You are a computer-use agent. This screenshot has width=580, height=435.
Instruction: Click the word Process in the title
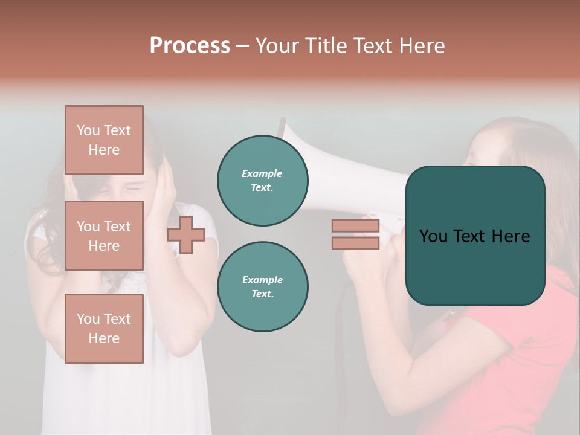click(x=190, y=46)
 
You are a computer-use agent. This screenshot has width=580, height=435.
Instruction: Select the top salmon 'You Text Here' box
click(x=104, y=140)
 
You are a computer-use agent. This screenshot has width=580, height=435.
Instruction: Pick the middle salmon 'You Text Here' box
click(x=104, y=236)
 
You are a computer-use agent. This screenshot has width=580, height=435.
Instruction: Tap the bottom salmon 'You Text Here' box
click(x=104, y=328)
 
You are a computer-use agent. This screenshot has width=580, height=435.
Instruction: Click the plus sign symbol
click(x=186, y=234)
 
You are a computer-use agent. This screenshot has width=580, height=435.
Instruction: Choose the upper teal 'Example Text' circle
click(x=262, y=181)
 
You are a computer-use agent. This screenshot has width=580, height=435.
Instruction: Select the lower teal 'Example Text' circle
click(x=262, y=287)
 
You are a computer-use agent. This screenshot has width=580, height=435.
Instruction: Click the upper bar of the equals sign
click(x=355, y=226)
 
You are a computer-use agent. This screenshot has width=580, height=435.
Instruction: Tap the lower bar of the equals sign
click(x=355, y=243)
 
